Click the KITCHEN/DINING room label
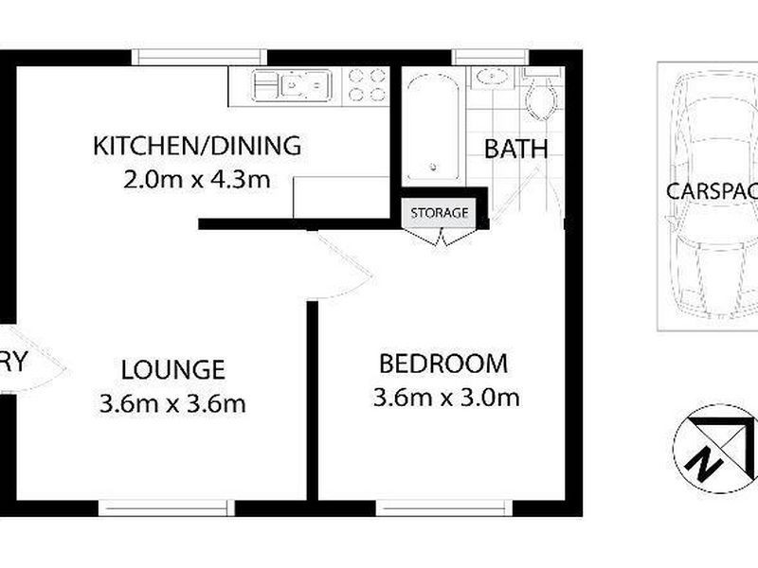click(x=196, y=147)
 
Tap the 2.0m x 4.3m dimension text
click(x=196, y=179)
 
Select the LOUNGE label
click(x=172, y=369)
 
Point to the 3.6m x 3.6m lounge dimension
click(x=172, y=403)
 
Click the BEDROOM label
click(x=443, y=364)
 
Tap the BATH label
click(x=516, y=149)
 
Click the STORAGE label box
click(x=439, y=212)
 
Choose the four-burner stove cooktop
click(x=367, y=84)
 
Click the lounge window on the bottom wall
click(x=167, y=508)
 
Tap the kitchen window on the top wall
click(x=195, y=57)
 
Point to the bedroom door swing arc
click(x=346, y=270)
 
